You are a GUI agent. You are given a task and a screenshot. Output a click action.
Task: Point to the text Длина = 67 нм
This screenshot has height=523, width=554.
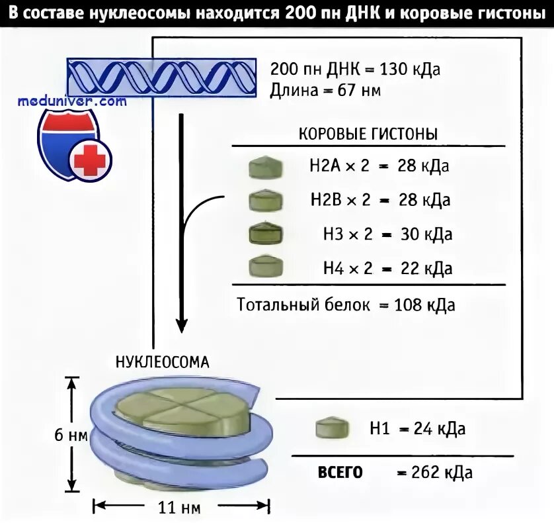[x=325, y=91]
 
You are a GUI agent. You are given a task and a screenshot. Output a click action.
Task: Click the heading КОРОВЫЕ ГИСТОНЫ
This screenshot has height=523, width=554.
[x=368, y=133]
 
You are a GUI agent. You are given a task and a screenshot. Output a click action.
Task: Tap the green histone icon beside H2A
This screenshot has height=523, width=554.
[x=266, y=167]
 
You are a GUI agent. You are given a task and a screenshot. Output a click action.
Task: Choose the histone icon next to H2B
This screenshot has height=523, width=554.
[x=266, y=199]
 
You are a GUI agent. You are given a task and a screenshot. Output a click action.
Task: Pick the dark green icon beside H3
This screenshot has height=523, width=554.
[x=266, y=234]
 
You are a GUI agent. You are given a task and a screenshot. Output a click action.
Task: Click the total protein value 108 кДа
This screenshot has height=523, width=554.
[x=424, y=305]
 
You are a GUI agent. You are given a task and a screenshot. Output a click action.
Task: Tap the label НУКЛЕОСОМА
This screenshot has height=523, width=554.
[x=163, y=362]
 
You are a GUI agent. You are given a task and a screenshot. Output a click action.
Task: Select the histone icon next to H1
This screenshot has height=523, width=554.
[x=331, y=428]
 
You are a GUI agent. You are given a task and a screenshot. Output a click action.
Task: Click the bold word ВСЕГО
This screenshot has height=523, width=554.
[x=340, y=472]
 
